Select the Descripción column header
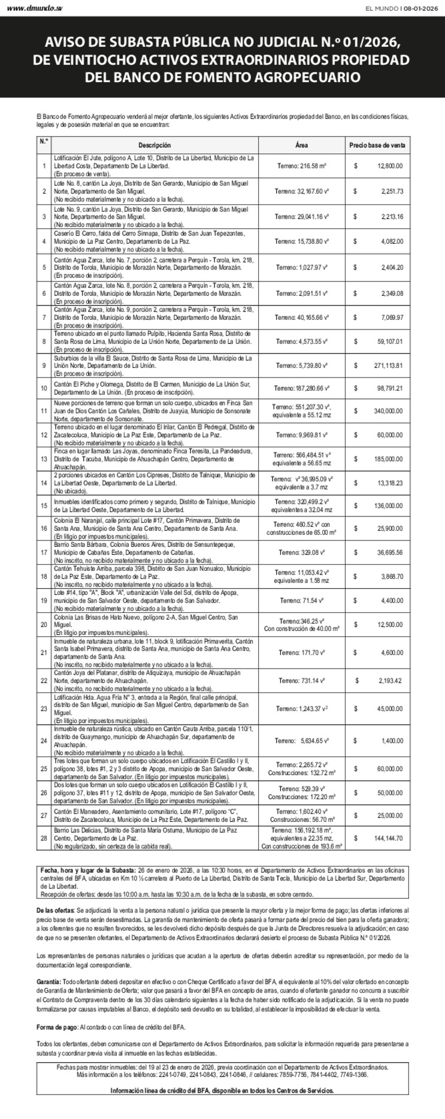coord(155,145)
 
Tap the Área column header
coord(302,145)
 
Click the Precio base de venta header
coord(377,145)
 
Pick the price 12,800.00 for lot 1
coord(390,165)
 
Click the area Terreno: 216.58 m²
coord(302,165)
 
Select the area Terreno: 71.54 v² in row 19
coord(302,600)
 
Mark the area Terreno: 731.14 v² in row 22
coord(302,681)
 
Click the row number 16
coord(44,529)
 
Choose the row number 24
coord(44,741)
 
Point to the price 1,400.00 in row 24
coord(392,741)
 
